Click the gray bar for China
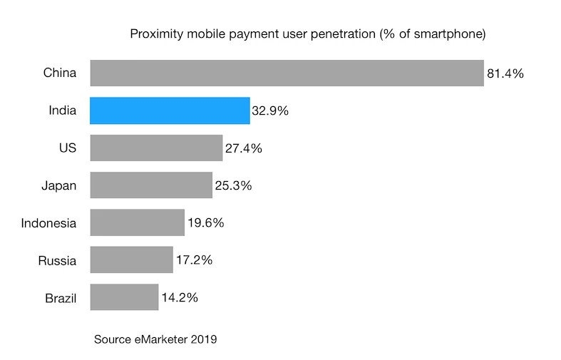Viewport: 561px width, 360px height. click(287, 73)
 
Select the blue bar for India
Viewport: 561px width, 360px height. click(170, 111)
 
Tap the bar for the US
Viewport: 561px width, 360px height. click(156, 148)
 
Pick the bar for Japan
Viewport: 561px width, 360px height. click(151, 185)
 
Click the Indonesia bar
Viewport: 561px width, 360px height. click(137, 222)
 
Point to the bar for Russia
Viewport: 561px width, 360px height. click(131, 259)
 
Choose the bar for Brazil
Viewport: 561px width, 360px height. click(124, 297)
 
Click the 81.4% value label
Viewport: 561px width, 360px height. click(505, 73)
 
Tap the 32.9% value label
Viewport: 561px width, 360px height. click(270, 112)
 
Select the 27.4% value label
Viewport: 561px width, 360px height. click(243, 149)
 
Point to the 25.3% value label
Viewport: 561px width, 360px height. click(233, 186)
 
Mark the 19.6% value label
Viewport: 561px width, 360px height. click(205, 223)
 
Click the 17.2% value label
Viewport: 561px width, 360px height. click(194, 260)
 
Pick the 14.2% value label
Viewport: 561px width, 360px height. click(179, 297)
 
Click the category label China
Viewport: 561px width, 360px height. click(60, 73)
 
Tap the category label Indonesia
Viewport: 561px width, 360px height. click(48, 223)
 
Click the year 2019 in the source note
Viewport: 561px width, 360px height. click(202, 339)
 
